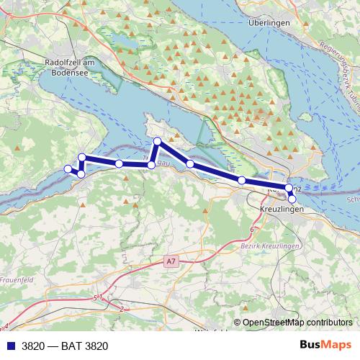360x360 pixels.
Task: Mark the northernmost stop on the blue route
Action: tap(157, 141)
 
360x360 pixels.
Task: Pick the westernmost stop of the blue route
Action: tap(68, 168)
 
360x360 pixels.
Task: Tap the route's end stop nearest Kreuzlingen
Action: tap(292, 199)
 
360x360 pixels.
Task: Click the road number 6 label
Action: tap(253, 229)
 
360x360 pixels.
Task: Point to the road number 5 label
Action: tap(94, 297)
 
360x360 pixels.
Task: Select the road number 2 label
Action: tap(122, 309)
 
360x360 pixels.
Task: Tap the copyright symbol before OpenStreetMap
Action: tap(238, 323)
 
